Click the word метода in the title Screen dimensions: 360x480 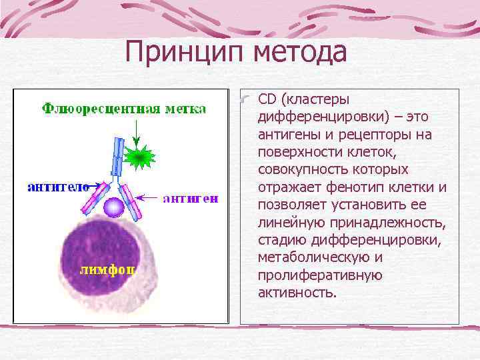pyautogui.click(x=301, y=53)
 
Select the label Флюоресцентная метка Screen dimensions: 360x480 pyautogui.click(x=124, y=109)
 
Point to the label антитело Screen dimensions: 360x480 pyautogui.click(x=58, y=187)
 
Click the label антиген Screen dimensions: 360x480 pyautogui.click(x=190, y=198)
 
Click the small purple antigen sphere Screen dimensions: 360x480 pyautogui.click(x=115, y=207)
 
